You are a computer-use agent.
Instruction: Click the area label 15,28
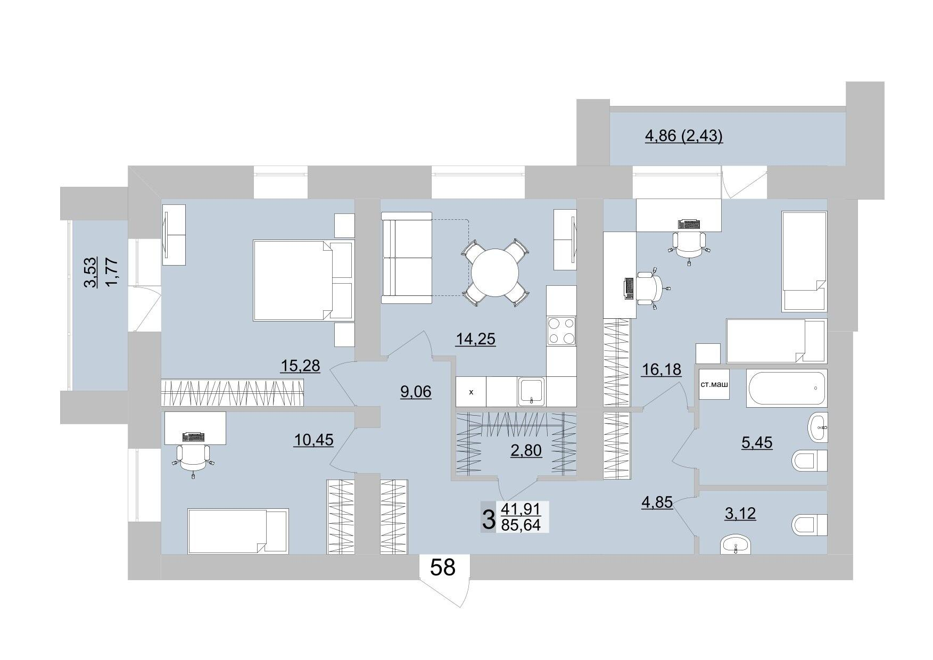coord(300,366)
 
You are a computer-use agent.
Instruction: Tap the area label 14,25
coord(476,339)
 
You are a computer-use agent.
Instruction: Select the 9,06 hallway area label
coord(416,392)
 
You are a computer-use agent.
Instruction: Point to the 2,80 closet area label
coord(526,450)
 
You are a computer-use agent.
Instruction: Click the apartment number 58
coord(443,567)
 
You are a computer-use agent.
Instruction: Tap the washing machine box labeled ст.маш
coord(714,384)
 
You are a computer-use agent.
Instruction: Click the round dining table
coord(495,273)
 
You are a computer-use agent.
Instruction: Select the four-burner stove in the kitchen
coord(562,331)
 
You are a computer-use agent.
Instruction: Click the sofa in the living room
coord(407,258)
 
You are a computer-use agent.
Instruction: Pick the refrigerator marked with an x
coord(471,392)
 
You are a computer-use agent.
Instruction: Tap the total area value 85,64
coord(521,525)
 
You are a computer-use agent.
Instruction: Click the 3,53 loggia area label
coord(91,272)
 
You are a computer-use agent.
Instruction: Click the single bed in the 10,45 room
coord(238,531)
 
